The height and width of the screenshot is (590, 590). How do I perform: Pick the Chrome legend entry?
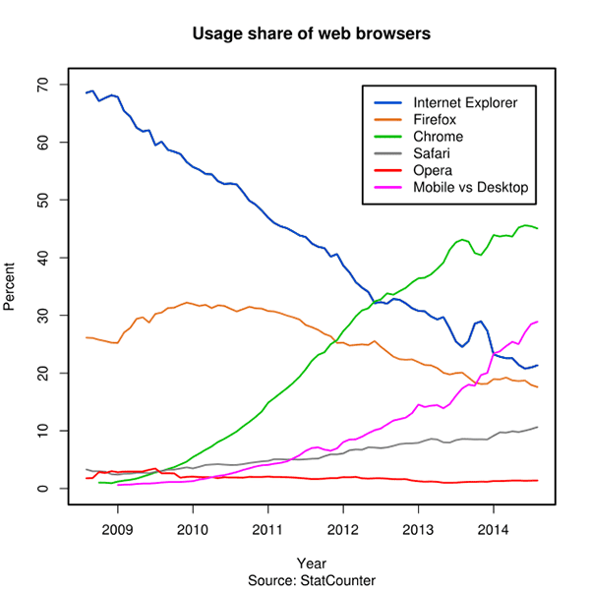(438, 137)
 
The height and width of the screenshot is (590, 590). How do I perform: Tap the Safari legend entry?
(434, 153)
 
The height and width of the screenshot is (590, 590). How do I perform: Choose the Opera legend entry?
(434, 170)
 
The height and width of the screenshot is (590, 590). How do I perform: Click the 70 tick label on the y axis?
(42, 85)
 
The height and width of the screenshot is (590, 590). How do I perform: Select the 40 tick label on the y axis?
(42, 258)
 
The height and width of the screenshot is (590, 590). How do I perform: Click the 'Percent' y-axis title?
(12, 286)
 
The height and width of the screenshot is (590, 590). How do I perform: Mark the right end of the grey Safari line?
(538, 427)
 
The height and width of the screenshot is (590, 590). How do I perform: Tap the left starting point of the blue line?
(87, 92)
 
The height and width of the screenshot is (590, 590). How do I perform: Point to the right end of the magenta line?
(538, 322)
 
